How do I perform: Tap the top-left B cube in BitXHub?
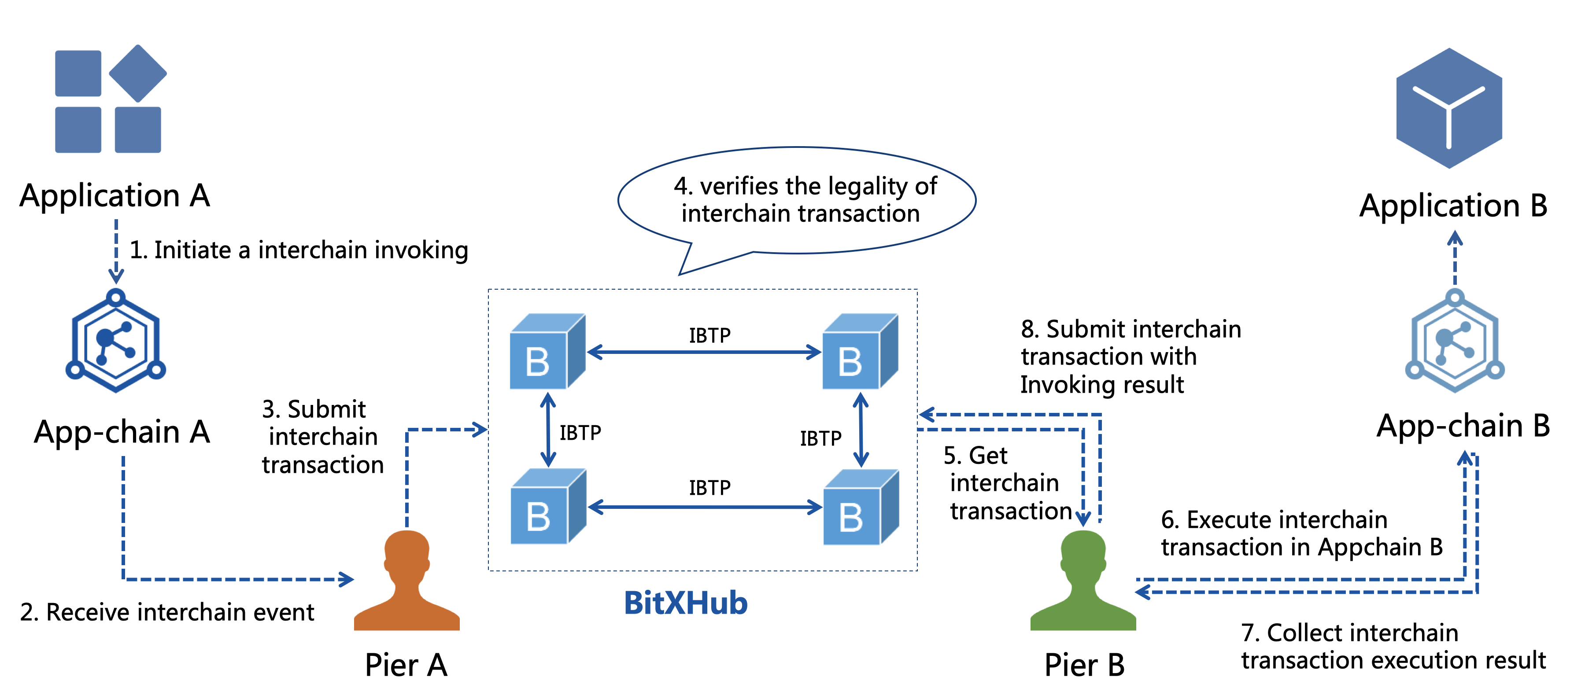tap(547, 352)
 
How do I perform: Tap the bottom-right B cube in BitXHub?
tap(860, 508)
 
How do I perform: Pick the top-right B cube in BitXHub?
tap(860, 352)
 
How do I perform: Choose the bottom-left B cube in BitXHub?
tap(547, 508)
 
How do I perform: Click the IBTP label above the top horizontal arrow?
tap(709, 335)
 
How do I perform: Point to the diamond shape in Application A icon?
tap(138, 73)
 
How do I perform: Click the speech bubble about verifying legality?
tap(797, 200)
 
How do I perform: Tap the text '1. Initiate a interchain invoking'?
tap(299, 250)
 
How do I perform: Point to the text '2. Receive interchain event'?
tap(167, 612)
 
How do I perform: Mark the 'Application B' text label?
tap(1453, 206)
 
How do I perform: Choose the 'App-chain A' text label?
tap(122, 432)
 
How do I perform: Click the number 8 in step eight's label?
tap(1028, 330)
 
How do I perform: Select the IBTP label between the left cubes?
tap(580, 433)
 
